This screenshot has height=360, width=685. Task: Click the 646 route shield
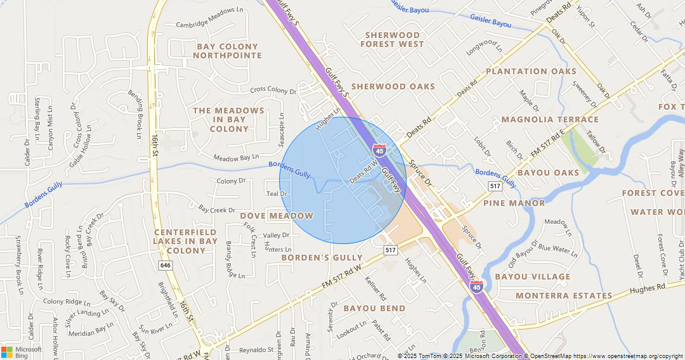click(166, 265)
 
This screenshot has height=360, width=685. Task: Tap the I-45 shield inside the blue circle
click(379, 150)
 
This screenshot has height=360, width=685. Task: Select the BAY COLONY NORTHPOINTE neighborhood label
click(227, 51)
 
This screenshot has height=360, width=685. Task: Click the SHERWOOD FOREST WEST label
click(392, 39)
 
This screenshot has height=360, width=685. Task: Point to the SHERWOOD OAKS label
click(393, 86)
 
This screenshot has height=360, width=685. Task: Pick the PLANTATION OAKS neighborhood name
click(531, 71)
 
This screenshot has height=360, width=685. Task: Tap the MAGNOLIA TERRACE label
click(550, 119)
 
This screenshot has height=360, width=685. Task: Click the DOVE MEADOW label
click(277, 215)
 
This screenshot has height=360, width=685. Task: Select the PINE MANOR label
click(514, 203)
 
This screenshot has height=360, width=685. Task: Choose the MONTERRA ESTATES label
click(564, 295)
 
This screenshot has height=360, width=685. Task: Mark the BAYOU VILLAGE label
click(532, 276)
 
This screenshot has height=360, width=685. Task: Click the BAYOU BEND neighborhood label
click(374, 308)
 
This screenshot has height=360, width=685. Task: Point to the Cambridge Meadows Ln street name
click(201, 25)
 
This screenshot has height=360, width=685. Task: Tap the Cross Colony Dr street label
click(273, 91)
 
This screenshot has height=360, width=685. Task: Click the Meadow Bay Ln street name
click(236, 157)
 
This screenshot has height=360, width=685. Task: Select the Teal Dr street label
click(277, 194)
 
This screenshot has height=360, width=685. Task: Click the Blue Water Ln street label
click(558, 251)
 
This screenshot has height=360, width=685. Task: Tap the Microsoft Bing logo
click(22, 352)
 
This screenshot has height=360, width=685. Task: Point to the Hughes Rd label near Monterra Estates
click(648, 288)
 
